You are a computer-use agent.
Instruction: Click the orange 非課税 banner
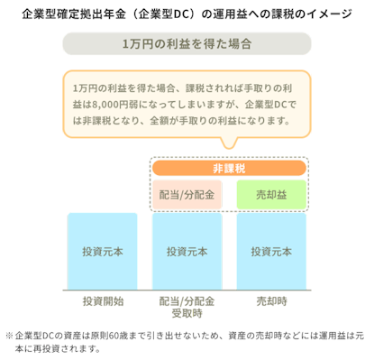click(229, 169)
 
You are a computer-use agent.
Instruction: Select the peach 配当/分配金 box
click(187, 196)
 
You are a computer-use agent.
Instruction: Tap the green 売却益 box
click(270, 196)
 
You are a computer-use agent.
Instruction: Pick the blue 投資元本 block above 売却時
click(270, 251)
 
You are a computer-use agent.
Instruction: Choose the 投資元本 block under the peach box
click(187, 251)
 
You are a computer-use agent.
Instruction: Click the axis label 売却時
click(270, 300)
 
